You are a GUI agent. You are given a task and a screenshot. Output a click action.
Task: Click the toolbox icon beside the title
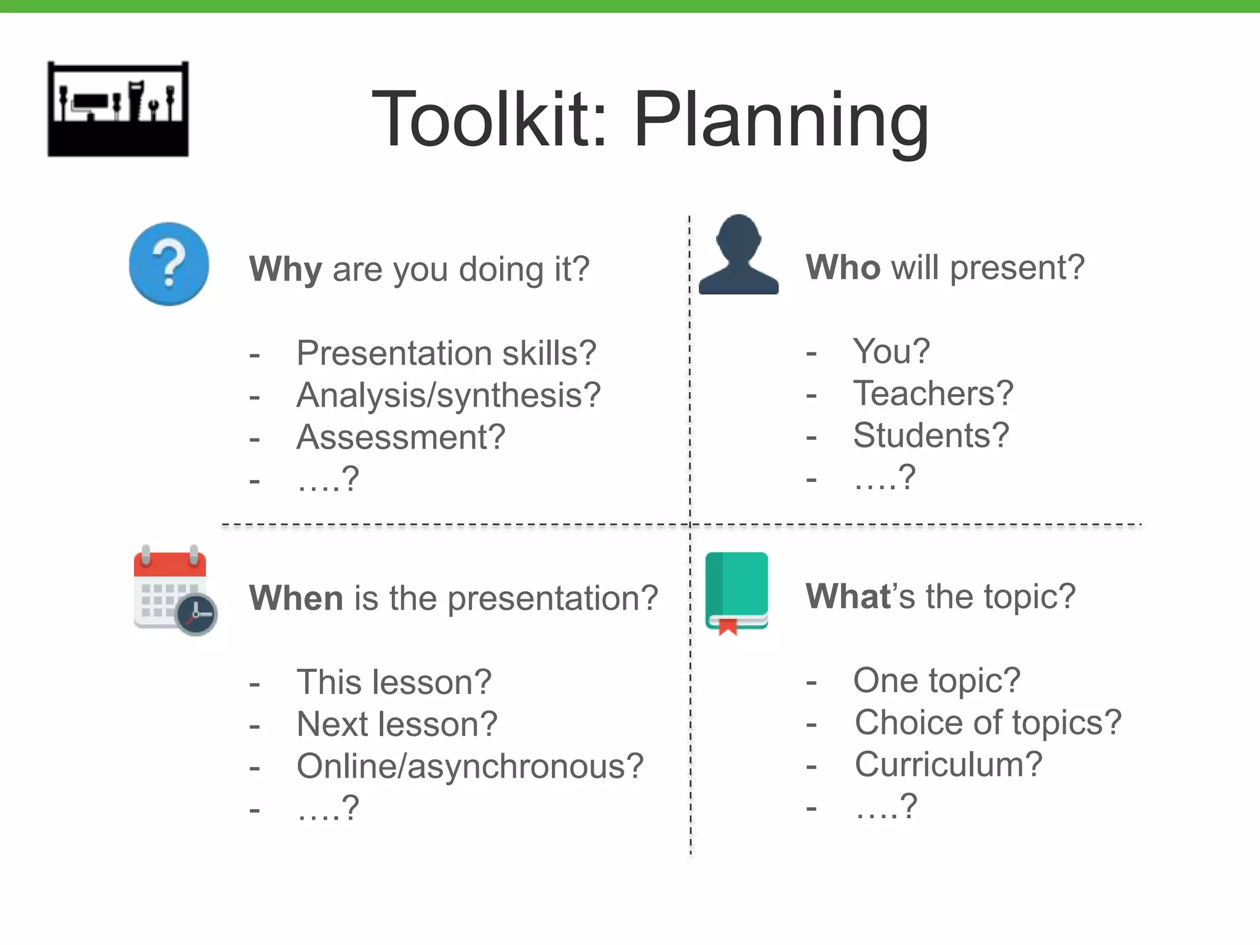[x=118, y=109]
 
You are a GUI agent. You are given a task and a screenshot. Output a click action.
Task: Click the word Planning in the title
[x=781, y=120]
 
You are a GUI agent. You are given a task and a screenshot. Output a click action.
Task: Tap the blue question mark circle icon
[x=169, y=264]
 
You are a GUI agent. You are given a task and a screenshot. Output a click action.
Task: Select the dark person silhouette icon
[x=738, y=255]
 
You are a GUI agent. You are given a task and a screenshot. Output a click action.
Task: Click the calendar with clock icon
[x=175, y=591]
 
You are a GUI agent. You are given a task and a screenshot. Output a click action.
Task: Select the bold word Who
[x=843, y=268]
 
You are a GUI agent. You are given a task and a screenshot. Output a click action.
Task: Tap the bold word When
[x=296, y=598]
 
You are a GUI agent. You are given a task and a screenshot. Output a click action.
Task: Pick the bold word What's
[x=851, y=596]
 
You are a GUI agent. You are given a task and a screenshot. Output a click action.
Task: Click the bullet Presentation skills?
[x=446, y=353]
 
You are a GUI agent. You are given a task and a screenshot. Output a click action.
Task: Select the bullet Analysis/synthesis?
[x=448, y=395]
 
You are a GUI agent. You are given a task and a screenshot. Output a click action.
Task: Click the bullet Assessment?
[x=401, y=437]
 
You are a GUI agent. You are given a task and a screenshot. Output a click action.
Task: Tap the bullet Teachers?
[x=933, y=393]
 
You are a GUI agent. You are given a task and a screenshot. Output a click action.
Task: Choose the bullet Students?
[x=931, y=436]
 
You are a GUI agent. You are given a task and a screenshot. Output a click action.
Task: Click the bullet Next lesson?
[x=397, y=724]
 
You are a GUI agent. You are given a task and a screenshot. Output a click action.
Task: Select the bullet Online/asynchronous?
[x=470, y=767]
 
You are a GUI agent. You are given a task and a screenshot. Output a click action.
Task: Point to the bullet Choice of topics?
[x=988, y=722]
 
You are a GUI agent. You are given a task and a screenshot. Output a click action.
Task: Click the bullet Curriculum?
[x=948, y=765]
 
